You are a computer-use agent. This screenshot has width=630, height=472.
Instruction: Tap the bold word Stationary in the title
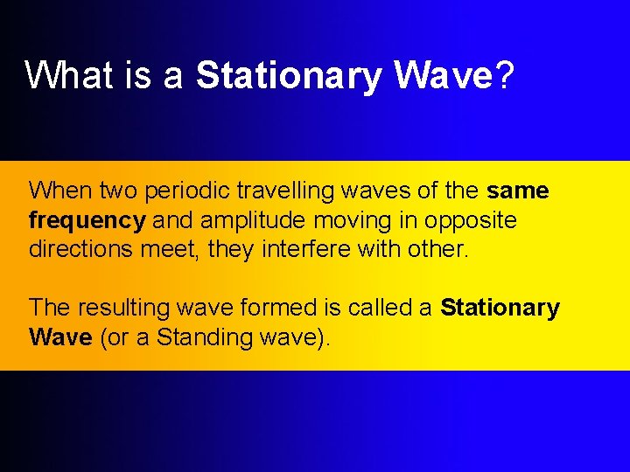(290, 77)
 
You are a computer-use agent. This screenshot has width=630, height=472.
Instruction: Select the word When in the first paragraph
(60, 190)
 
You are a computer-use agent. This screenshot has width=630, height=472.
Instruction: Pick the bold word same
(518, 190)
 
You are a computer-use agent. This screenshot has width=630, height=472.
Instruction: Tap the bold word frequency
(87, 220)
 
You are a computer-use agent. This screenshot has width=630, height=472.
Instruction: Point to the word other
(437, 249)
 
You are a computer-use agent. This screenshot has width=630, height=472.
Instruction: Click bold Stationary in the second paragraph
(500, 309)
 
